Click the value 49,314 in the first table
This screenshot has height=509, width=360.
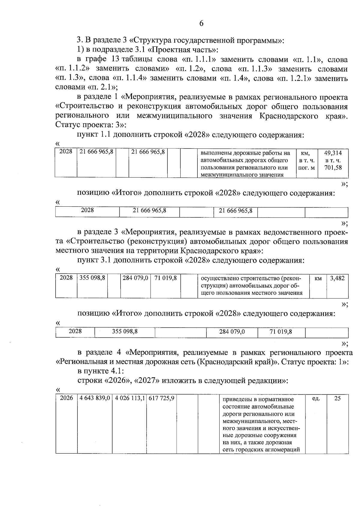(x=333, y=153)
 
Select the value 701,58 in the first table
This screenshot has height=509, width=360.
(x=333, y=168)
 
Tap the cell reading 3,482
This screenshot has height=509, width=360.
(x=337, y=278)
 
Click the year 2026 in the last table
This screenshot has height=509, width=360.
(x=66, y=398)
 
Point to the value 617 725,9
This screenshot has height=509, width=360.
(x=161, y=398)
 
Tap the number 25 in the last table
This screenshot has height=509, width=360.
(x=337, y=398)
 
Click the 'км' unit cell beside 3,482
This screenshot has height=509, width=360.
(x=318, y=278)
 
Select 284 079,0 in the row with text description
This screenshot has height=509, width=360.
(x=135, y=278)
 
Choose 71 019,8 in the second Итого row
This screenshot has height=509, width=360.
(x=281, y=331)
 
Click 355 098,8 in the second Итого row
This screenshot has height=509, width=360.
(x=125, y=331)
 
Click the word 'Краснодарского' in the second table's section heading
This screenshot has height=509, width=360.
(x=209, y=250)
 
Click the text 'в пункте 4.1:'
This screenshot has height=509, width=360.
(x=100, y=371)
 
